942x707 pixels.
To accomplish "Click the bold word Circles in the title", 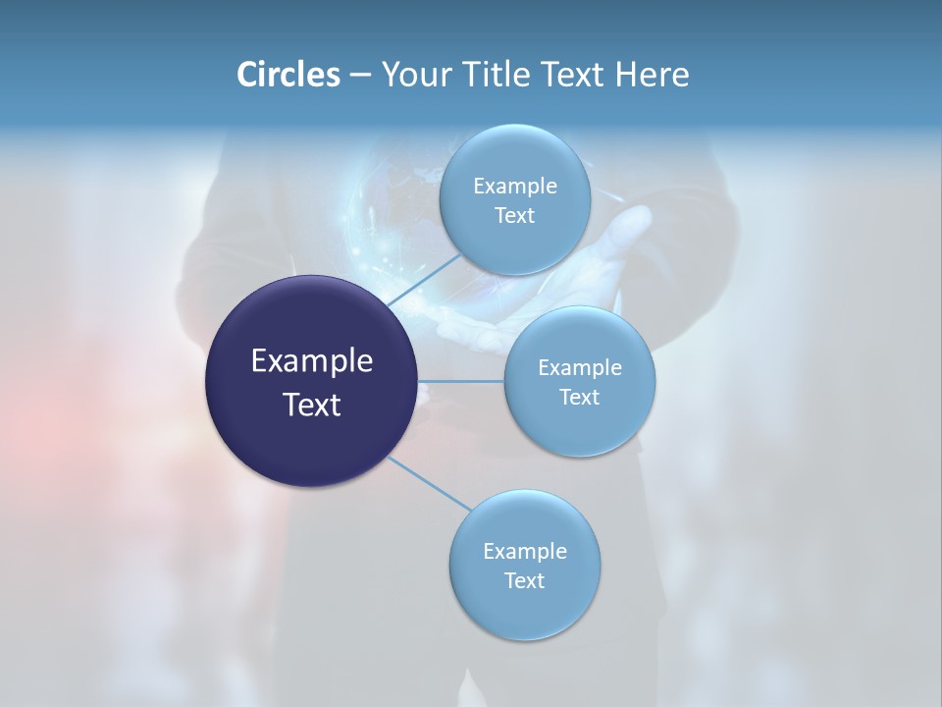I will pyautogui.click(x=288, y=75).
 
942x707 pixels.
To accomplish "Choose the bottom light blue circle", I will pyautogui.click(x=525, y=614).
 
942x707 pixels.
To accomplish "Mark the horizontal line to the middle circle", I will pyautogui.click(x=461, y=381).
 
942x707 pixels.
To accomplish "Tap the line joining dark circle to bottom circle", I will pyautogui.click(x=429, y=483).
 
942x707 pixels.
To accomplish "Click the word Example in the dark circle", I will pyautogui.click(x=312, y=361).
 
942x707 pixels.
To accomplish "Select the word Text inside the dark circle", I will pyautogui.click(x=312, y=405).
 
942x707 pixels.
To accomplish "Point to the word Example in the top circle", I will pyautogui.click(x=515, y=187).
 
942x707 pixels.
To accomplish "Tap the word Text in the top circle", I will pyautogui.click(x=514, y=216).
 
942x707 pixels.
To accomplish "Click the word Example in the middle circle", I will pyautogui.click(x=580, y=368).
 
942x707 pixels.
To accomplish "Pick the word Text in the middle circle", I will pyautogui.click(x=579, y=398).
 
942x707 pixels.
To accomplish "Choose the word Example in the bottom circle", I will pyautogui.click(x=525, y=552).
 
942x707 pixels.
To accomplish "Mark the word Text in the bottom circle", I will pyautogui.click(x=524, y=581).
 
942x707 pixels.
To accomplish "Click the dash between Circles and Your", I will pyautogui.click(x=360, y=76).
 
